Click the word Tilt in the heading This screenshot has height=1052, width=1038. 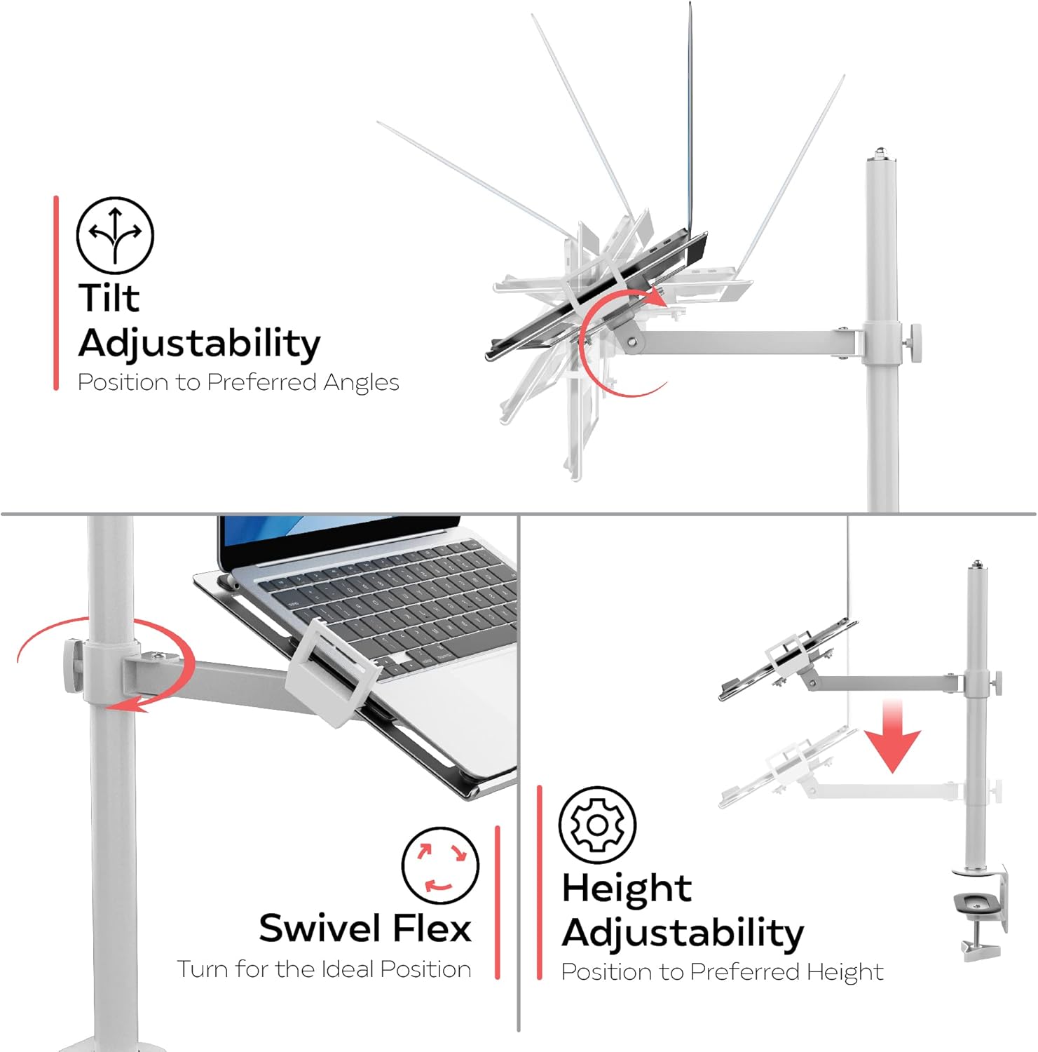pyautogui.click(x=109, y=297)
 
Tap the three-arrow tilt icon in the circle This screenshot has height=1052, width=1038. pyautogui.click(x=115, y=235)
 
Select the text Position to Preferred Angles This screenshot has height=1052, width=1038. pyautogui.click(x=238, y=383)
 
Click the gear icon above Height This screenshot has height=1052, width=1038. pyautogui.click(x=597, y=825)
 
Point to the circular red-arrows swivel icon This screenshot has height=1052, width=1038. pyautogui.click(x=440, y=865)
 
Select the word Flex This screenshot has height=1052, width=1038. pyautogui.click(x=432, y=928)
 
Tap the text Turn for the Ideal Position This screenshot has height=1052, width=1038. pyautogui.click(x=324, y=969)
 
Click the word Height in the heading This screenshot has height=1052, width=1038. pyautogui.click(x=627, y=889)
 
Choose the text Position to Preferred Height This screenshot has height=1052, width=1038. pyautogui.click(x=722, y=972)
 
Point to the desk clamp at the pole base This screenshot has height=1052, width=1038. pyautogui.click(x=980, y=912)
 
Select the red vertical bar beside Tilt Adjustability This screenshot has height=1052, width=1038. pyautogui.click(x=56, y=292)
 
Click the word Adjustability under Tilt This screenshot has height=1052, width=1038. pyautogui.click(x=199, y=344)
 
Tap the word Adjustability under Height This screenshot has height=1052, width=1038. pyautogui.click(x=683, y=933)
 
